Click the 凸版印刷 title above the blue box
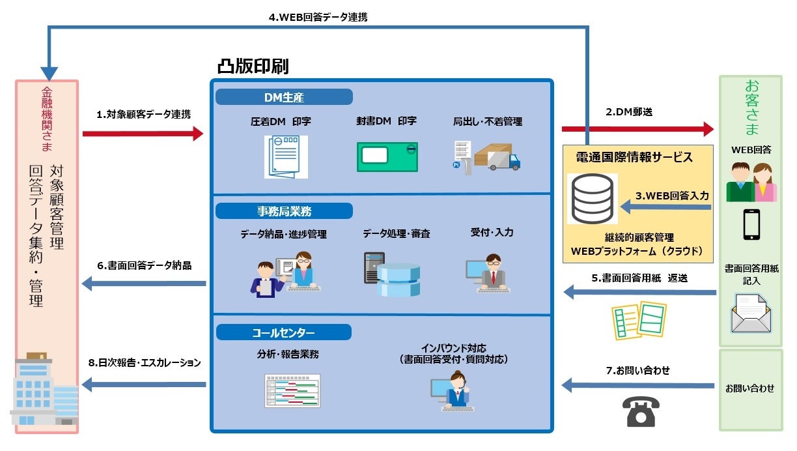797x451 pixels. click(x=253, y=66)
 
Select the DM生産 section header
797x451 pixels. click(x=284, y=98)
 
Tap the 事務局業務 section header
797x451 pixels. click(x=284, y=211)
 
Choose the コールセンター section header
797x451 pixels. click(x=283, y=333)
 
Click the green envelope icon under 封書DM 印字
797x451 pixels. click(x=387, y=157)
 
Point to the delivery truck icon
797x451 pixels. click(x=497, y=157)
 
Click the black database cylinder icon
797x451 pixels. click(x=591, y=199)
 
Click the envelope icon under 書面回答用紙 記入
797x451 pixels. click(x=751, y=313)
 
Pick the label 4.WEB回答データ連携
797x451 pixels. click(x=318, y=17)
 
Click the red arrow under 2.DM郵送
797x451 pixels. click(x=637, y=129)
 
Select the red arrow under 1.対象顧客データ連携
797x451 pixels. click(x=143, y=134)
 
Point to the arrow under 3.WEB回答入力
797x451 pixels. click(x=665, y=207)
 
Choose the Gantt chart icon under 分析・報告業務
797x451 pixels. click(x=292, y=391)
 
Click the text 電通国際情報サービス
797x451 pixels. click(x=634, y=157)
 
